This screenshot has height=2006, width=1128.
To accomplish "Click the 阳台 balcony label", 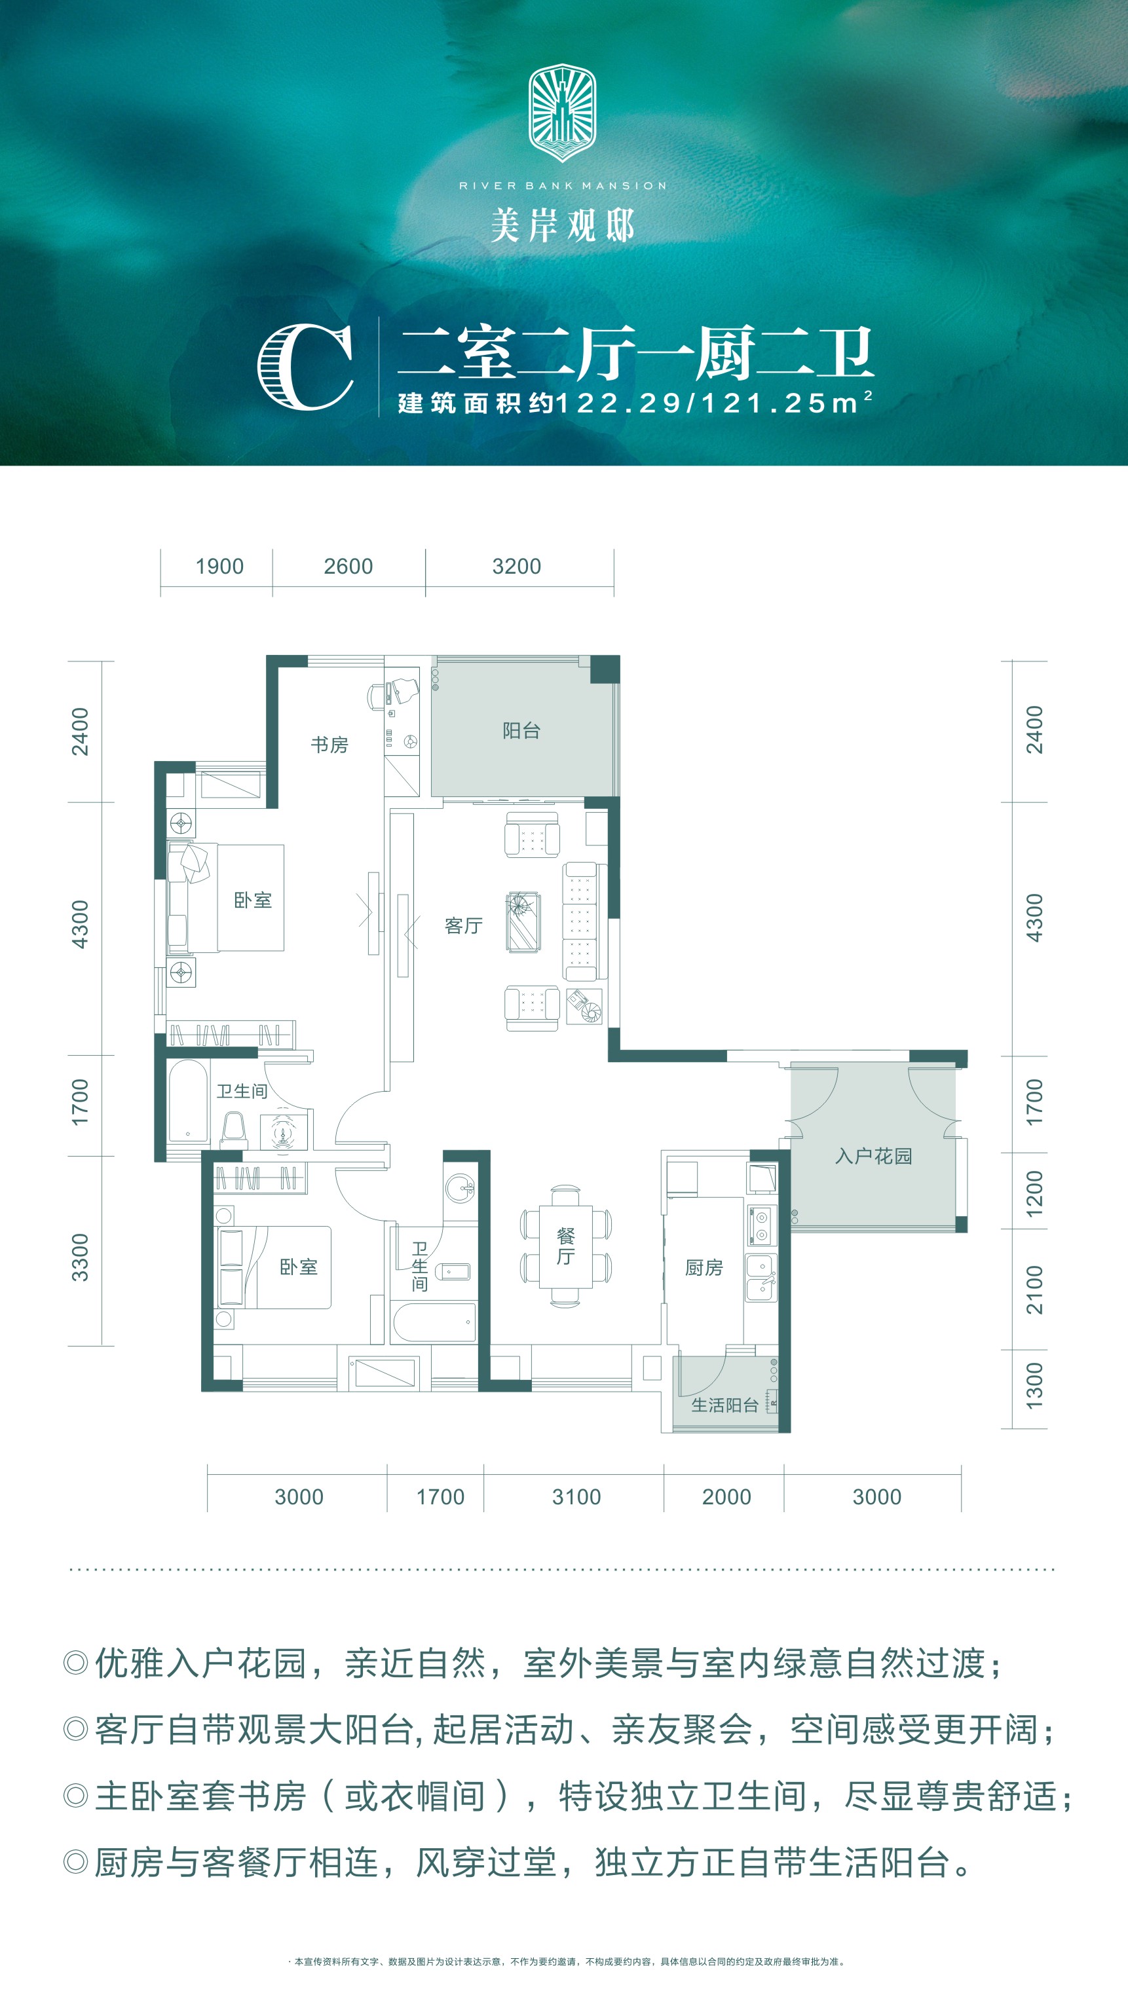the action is (x=521, y=730).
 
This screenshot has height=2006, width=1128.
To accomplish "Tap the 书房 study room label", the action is (x=329, y=745).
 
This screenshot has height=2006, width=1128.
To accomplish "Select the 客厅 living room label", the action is (x=464, y=925).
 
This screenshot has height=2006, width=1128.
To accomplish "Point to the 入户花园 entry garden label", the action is (x=873, y=1156).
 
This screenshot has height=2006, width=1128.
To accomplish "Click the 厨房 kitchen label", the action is (x=704, y=1268).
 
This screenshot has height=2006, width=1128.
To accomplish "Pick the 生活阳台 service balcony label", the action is (x=724, y=1405).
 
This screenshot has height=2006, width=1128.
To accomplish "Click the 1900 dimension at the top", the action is (x=219, y=566).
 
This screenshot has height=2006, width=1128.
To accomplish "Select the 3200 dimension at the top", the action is (x=516, y=566).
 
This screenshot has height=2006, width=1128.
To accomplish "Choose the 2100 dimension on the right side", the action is (x=1034, y=1290).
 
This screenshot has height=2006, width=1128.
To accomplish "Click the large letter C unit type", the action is (x=305, y=367).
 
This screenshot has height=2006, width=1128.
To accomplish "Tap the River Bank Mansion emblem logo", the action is (x=563, y=113).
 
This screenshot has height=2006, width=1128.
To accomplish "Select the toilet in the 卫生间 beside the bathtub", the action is (x=233, y=1129).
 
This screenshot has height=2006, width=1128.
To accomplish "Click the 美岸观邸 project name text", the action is (x=563, y=226).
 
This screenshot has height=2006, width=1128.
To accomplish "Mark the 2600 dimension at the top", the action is (x=348, y=566).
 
